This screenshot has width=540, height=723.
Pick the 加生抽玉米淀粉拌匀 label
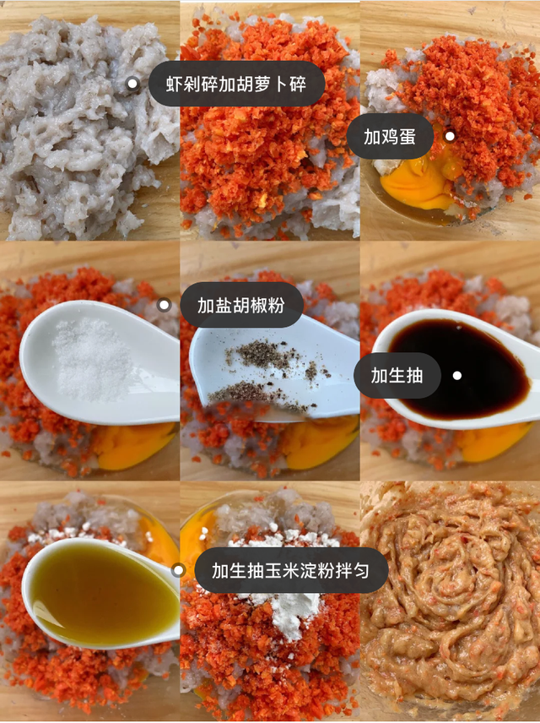291,571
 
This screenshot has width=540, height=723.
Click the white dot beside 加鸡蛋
450,136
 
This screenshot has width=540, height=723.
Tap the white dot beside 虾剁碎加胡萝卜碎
132,84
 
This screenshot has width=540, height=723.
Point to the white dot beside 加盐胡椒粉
164,305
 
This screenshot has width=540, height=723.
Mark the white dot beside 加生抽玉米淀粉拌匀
178,571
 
